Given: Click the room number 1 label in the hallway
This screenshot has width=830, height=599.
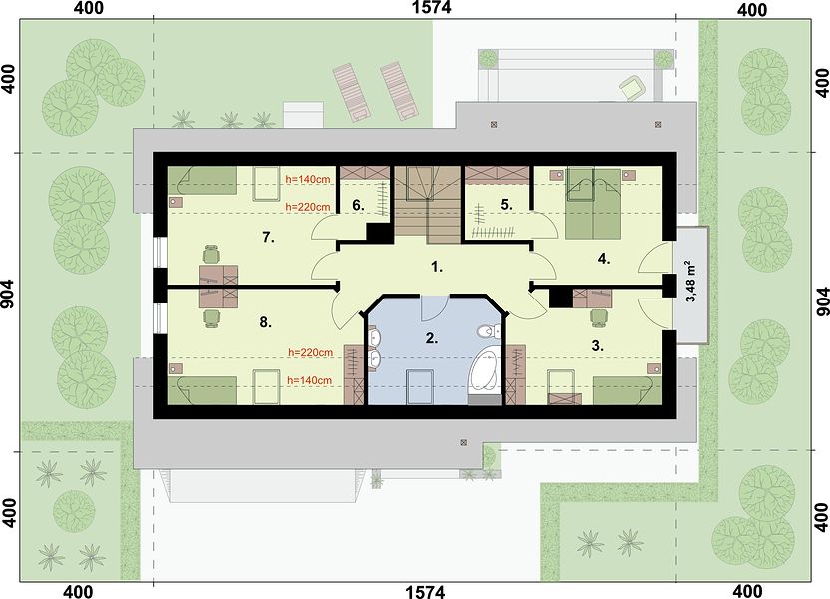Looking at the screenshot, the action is [x=437, y=267].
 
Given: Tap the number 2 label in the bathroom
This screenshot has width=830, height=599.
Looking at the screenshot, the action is [x=432, y=338].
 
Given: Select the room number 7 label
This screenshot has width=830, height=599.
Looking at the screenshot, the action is [x=269, y=238].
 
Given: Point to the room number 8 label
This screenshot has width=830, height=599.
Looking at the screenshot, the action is [x=265, y=322].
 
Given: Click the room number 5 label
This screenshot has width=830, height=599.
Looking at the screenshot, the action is [x=506, y=204].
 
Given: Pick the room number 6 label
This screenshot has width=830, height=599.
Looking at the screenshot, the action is [x=358, y=205].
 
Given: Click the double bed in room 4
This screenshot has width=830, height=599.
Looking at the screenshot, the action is [x=593, y=203].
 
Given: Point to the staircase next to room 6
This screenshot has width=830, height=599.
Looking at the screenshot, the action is [x=427, y=205].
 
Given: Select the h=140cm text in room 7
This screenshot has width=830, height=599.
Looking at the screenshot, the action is [x=307, y=179].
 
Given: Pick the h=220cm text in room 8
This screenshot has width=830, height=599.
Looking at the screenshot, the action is [x=310, y=352].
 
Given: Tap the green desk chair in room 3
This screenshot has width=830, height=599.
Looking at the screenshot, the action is [x=599, y=316].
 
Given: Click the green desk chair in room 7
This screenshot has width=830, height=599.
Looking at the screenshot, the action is [x=211, y=254].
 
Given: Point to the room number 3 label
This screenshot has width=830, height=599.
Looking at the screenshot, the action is [x=598, y=346].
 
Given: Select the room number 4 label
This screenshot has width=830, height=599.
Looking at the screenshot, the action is [x=604, y=259].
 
